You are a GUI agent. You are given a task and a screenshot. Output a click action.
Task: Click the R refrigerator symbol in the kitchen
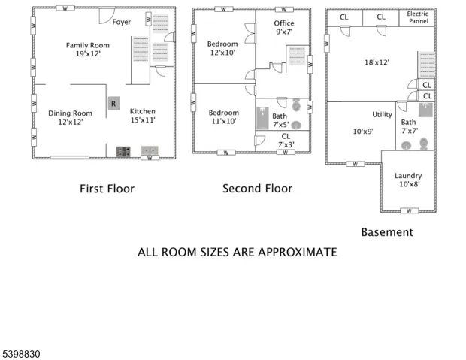click(x=113, y=104)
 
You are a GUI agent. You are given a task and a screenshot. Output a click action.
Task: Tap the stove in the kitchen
click(x=123, y=151)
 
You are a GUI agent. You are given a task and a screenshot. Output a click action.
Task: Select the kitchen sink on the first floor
click(x=150, y=150)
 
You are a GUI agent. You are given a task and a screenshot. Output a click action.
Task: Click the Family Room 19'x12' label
click(x=88, y=50)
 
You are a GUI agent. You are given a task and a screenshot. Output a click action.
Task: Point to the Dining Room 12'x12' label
click(x=71, y=117)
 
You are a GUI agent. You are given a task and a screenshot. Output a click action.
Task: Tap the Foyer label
click(x=122, y=22)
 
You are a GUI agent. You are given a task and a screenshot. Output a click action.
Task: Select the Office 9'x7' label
click(x=284, y=27)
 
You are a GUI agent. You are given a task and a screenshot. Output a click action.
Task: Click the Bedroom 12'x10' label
click(x=222, y=48)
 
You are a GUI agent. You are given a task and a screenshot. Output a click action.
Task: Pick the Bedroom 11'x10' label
click(x=224, y=116)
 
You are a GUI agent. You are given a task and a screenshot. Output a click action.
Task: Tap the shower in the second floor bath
click(x=262, y=118)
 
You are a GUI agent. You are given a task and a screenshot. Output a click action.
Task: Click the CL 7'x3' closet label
click(x=286, y=141)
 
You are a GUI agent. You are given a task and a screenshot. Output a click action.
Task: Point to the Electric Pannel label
click(x=418, y=17)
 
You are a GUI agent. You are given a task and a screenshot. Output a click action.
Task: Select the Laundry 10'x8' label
click(x=408, y=180)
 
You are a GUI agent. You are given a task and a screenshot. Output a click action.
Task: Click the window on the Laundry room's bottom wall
click(x=409, y=211)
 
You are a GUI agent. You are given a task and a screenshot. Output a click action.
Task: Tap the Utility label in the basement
click(x=382, y=114)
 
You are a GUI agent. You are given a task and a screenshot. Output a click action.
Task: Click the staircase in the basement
click(x=428, y=65)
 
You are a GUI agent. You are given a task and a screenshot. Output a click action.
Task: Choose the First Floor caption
click(x=107, y=189)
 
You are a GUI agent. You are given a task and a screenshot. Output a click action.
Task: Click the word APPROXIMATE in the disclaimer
click(x=298, y=252)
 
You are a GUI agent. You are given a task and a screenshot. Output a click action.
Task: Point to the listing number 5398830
click(x=21, y=354)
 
